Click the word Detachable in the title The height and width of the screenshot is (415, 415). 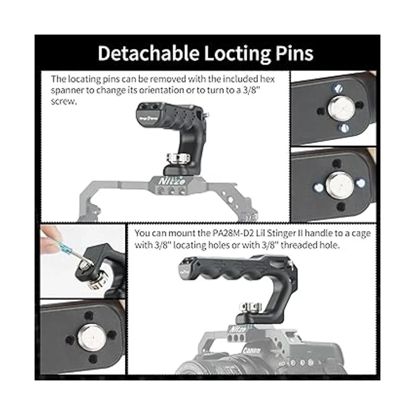148,53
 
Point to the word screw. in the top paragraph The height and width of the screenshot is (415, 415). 64,101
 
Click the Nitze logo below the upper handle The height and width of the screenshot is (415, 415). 172,181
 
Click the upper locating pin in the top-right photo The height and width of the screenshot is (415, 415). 338,88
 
